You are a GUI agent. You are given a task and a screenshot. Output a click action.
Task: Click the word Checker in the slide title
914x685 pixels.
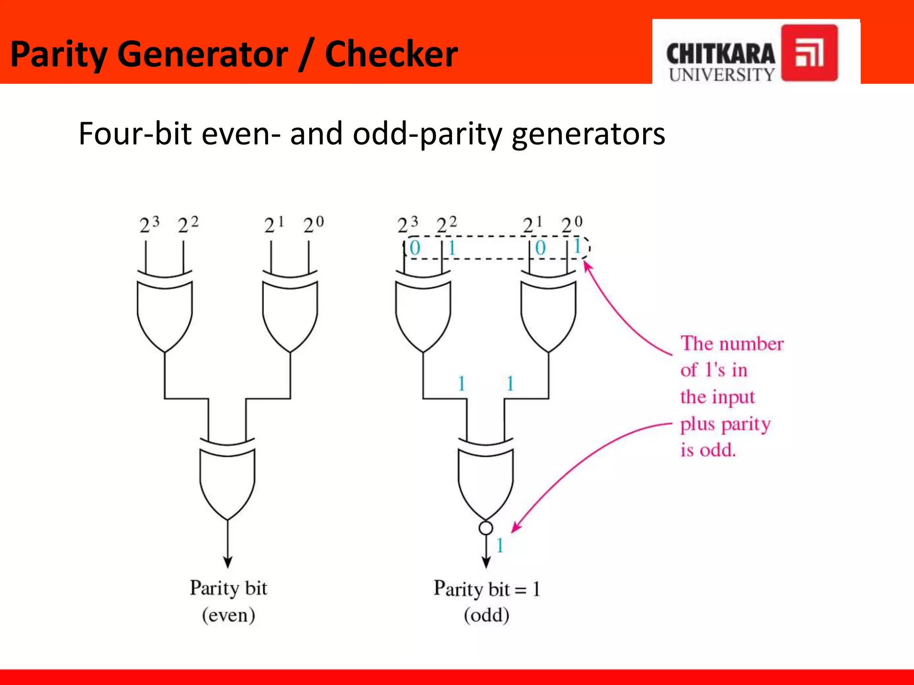391,54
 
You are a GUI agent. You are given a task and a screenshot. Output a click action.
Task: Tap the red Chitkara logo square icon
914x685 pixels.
809,53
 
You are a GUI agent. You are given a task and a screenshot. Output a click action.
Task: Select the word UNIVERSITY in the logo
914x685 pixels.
721,74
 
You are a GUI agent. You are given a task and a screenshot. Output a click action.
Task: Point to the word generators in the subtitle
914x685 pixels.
588,134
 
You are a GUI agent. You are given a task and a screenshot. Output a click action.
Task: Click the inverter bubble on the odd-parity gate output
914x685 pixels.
486,528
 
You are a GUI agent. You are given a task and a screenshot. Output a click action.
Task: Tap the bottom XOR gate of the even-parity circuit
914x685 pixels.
228,479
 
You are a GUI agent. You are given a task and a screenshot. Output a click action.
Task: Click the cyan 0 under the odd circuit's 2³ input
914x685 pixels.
415,248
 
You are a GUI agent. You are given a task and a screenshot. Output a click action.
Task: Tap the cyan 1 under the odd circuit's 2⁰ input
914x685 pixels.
577,246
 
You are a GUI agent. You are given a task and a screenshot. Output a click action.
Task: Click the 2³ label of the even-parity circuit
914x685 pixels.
149,224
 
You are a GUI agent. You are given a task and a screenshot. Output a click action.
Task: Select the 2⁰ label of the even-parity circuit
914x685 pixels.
313,224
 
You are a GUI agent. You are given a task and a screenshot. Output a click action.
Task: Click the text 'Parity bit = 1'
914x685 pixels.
486,589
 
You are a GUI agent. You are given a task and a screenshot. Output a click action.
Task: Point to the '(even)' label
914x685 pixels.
228,615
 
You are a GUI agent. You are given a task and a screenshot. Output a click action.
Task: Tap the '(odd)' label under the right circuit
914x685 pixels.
486,615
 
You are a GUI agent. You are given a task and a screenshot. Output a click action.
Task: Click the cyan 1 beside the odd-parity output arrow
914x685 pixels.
500,545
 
